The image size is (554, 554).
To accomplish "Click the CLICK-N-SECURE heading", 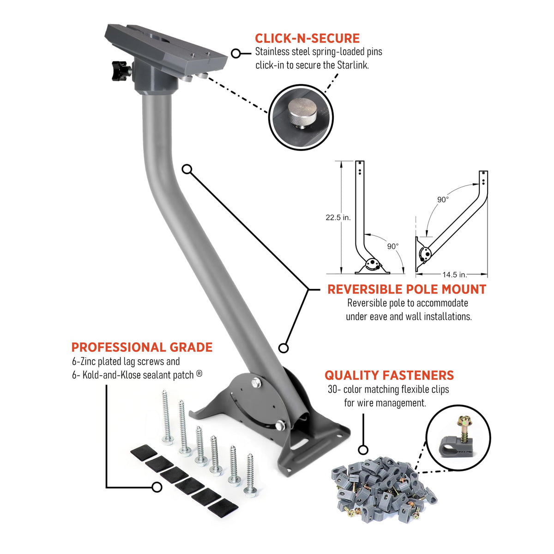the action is point(307,38).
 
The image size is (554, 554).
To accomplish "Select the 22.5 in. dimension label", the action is point(338,217).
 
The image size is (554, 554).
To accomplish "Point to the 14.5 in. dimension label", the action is point(455,275).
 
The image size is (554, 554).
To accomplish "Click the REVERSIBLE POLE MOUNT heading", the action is point(407,289).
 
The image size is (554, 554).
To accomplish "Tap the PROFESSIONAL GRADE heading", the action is point(142,347).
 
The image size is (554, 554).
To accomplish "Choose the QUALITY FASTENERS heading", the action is point(389,375).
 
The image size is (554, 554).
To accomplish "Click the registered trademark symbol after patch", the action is point(199,374).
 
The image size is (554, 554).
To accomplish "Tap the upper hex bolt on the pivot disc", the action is point(256,383).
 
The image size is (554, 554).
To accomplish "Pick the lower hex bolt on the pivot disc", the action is point(280,426).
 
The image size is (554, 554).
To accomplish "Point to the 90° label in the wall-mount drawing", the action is point(443,199).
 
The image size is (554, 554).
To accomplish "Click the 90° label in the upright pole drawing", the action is point(393,247).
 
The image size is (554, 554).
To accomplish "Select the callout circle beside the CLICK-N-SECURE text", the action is point(236,54).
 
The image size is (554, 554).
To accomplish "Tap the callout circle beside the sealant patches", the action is point(157,487).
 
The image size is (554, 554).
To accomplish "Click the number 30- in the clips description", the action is point(334,390).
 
